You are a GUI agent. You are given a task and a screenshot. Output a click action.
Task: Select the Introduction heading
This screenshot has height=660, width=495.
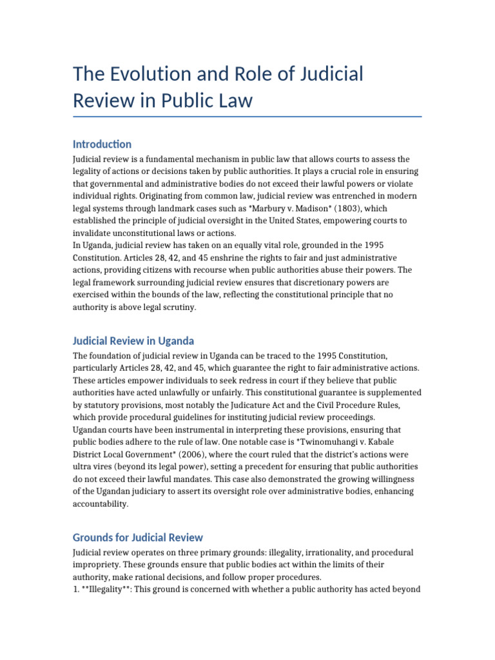[x=102, y=144]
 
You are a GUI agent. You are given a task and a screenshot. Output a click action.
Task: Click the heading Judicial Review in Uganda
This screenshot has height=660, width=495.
[x=133, y=340]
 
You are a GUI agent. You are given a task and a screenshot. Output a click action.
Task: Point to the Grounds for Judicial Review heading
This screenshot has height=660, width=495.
[x=137, y=537]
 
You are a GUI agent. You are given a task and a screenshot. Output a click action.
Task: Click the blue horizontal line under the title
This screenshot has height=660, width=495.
[x=247, y=117]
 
